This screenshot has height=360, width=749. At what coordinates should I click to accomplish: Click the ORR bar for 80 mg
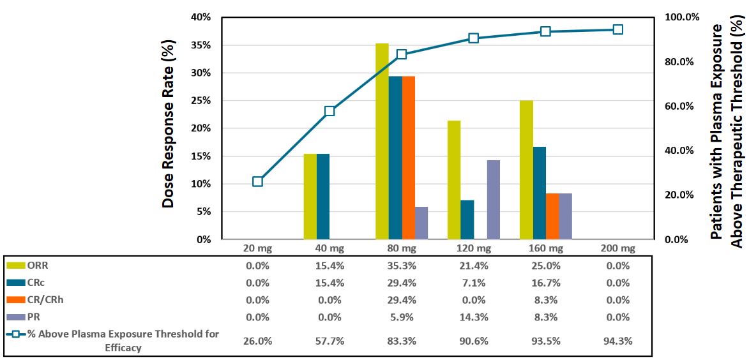tap(382, 141)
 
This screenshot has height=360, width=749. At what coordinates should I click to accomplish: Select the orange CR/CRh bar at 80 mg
tap(409, 158)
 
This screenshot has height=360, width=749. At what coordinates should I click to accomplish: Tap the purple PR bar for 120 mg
tap(494, 200)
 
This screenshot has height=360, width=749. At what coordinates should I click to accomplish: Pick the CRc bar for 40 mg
tap(323, 196)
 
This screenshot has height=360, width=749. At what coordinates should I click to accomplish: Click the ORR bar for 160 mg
tap(526, 170)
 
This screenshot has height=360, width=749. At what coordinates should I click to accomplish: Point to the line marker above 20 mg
tap(257, 181)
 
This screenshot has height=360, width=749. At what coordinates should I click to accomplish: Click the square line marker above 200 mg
tap(617, 29)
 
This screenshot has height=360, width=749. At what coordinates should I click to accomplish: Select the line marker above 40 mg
tap(329, 111)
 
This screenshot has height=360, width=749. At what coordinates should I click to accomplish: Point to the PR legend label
tap(26, 318)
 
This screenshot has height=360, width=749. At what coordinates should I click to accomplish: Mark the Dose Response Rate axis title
tap(168, 124)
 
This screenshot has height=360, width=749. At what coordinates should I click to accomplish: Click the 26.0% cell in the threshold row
tap(257, 340)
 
